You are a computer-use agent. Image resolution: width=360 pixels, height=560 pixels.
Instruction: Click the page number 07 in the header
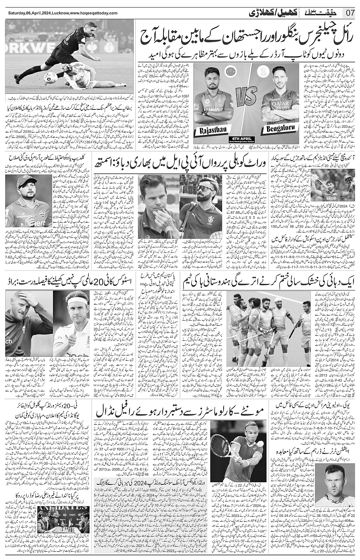350,13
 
